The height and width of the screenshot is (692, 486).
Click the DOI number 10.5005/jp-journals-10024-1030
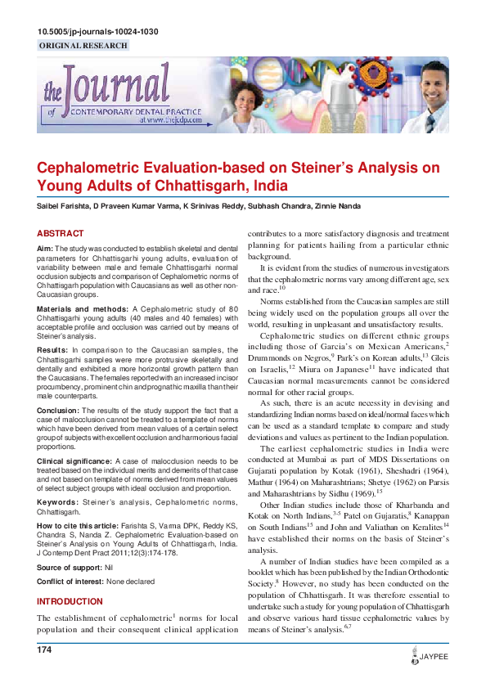pos(97,32)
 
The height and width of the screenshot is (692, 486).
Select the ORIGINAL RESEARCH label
pos(83,46)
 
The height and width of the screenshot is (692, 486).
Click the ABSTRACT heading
pos(61,233)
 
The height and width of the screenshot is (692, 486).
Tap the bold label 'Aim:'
pos(46,248)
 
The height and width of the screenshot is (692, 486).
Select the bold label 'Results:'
pos(52,326)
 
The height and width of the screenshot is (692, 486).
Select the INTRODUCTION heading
pos(70,601)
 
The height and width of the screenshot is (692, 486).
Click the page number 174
pos(44,649)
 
